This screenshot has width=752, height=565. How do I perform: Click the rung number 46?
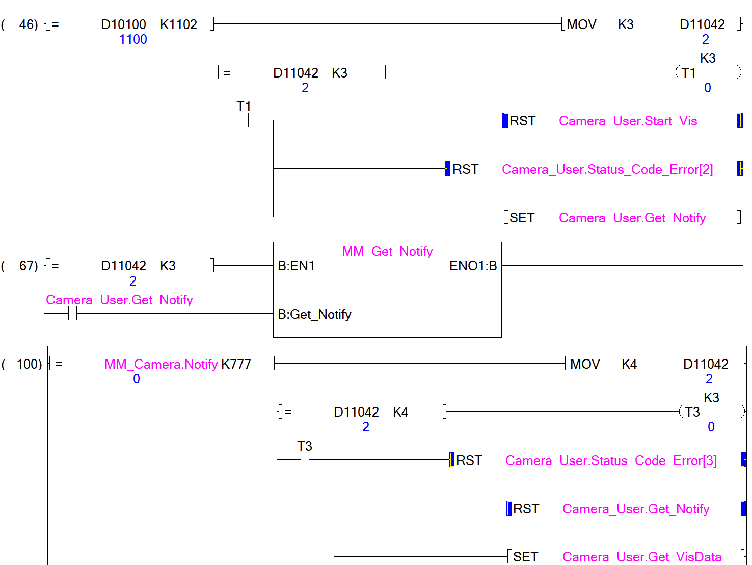point(28,24)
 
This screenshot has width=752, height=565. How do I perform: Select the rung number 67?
point(28,266)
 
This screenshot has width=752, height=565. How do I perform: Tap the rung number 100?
point(29,364)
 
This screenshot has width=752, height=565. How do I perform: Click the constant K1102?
point(178,24)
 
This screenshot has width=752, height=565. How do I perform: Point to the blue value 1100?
point(133,39)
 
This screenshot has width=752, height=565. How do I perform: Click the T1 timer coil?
point(689,73)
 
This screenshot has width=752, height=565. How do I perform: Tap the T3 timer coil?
point(692,412)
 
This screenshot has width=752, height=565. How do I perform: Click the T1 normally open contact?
point(244,120)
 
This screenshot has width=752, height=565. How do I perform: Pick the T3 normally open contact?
point(305,460)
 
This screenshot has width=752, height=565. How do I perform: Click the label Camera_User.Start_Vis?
point(628,121)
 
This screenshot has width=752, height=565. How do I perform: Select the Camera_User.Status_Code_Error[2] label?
point(607,169)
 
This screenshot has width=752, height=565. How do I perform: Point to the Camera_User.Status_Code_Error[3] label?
point(611,460)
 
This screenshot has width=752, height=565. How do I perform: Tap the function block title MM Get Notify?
point(387,251)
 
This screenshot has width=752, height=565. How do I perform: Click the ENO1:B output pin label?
point(473,266)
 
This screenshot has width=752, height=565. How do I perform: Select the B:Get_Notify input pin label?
point(314,314)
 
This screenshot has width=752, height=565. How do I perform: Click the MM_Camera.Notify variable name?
point(161,364)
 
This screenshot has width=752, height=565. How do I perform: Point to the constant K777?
point(236,364)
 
